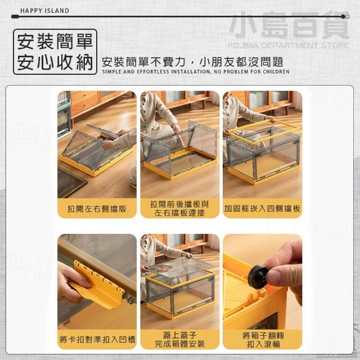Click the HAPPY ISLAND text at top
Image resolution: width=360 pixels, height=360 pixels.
pos(44,11)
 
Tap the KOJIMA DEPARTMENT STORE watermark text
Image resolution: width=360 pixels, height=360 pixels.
pos(289,45)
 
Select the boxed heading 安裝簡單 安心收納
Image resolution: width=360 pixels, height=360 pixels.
pos(55,52)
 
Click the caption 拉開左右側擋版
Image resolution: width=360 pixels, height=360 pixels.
pos(97,209)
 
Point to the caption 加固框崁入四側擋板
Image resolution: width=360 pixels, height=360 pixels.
pos(262,209)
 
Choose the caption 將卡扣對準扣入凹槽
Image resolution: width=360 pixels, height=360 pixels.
pos(97,340)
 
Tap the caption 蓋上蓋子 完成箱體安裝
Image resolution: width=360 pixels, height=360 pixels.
pos(179,340)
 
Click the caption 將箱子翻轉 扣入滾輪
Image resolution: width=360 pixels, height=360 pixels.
pos(263,340)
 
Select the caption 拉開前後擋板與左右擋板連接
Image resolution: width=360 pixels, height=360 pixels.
pos(179,209)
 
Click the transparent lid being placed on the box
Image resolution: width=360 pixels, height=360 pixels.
pos(181,268)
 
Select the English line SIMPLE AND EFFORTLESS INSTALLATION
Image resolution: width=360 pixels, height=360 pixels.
pos(196,71)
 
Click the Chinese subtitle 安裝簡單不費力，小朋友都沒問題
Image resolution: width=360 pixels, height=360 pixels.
pos(192,62)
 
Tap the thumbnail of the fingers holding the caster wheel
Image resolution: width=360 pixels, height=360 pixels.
pos(263,282)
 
